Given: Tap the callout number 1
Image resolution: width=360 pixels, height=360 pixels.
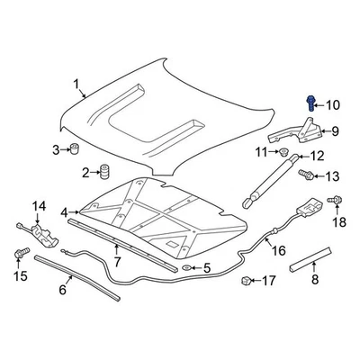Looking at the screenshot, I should pos(77,87).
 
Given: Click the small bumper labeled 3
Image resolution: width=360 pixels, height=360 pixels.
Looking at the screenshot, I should pos(76,148).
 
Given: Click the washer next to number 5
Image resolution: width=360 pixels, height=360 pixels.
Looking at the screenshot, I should pos(185,268).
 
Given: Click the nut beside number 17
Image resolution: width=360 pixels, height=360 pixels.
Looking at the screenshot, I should pos(245,282).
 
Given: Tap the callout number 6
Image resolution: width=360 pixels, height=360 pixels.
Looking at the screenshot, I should pos(64,290).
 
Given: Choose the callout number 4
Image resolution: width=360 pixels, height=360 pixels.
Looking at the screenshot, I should pos(64,212).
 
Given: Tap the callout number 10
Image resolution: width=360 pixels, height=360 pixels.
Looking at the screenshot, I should pos(333,105).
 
